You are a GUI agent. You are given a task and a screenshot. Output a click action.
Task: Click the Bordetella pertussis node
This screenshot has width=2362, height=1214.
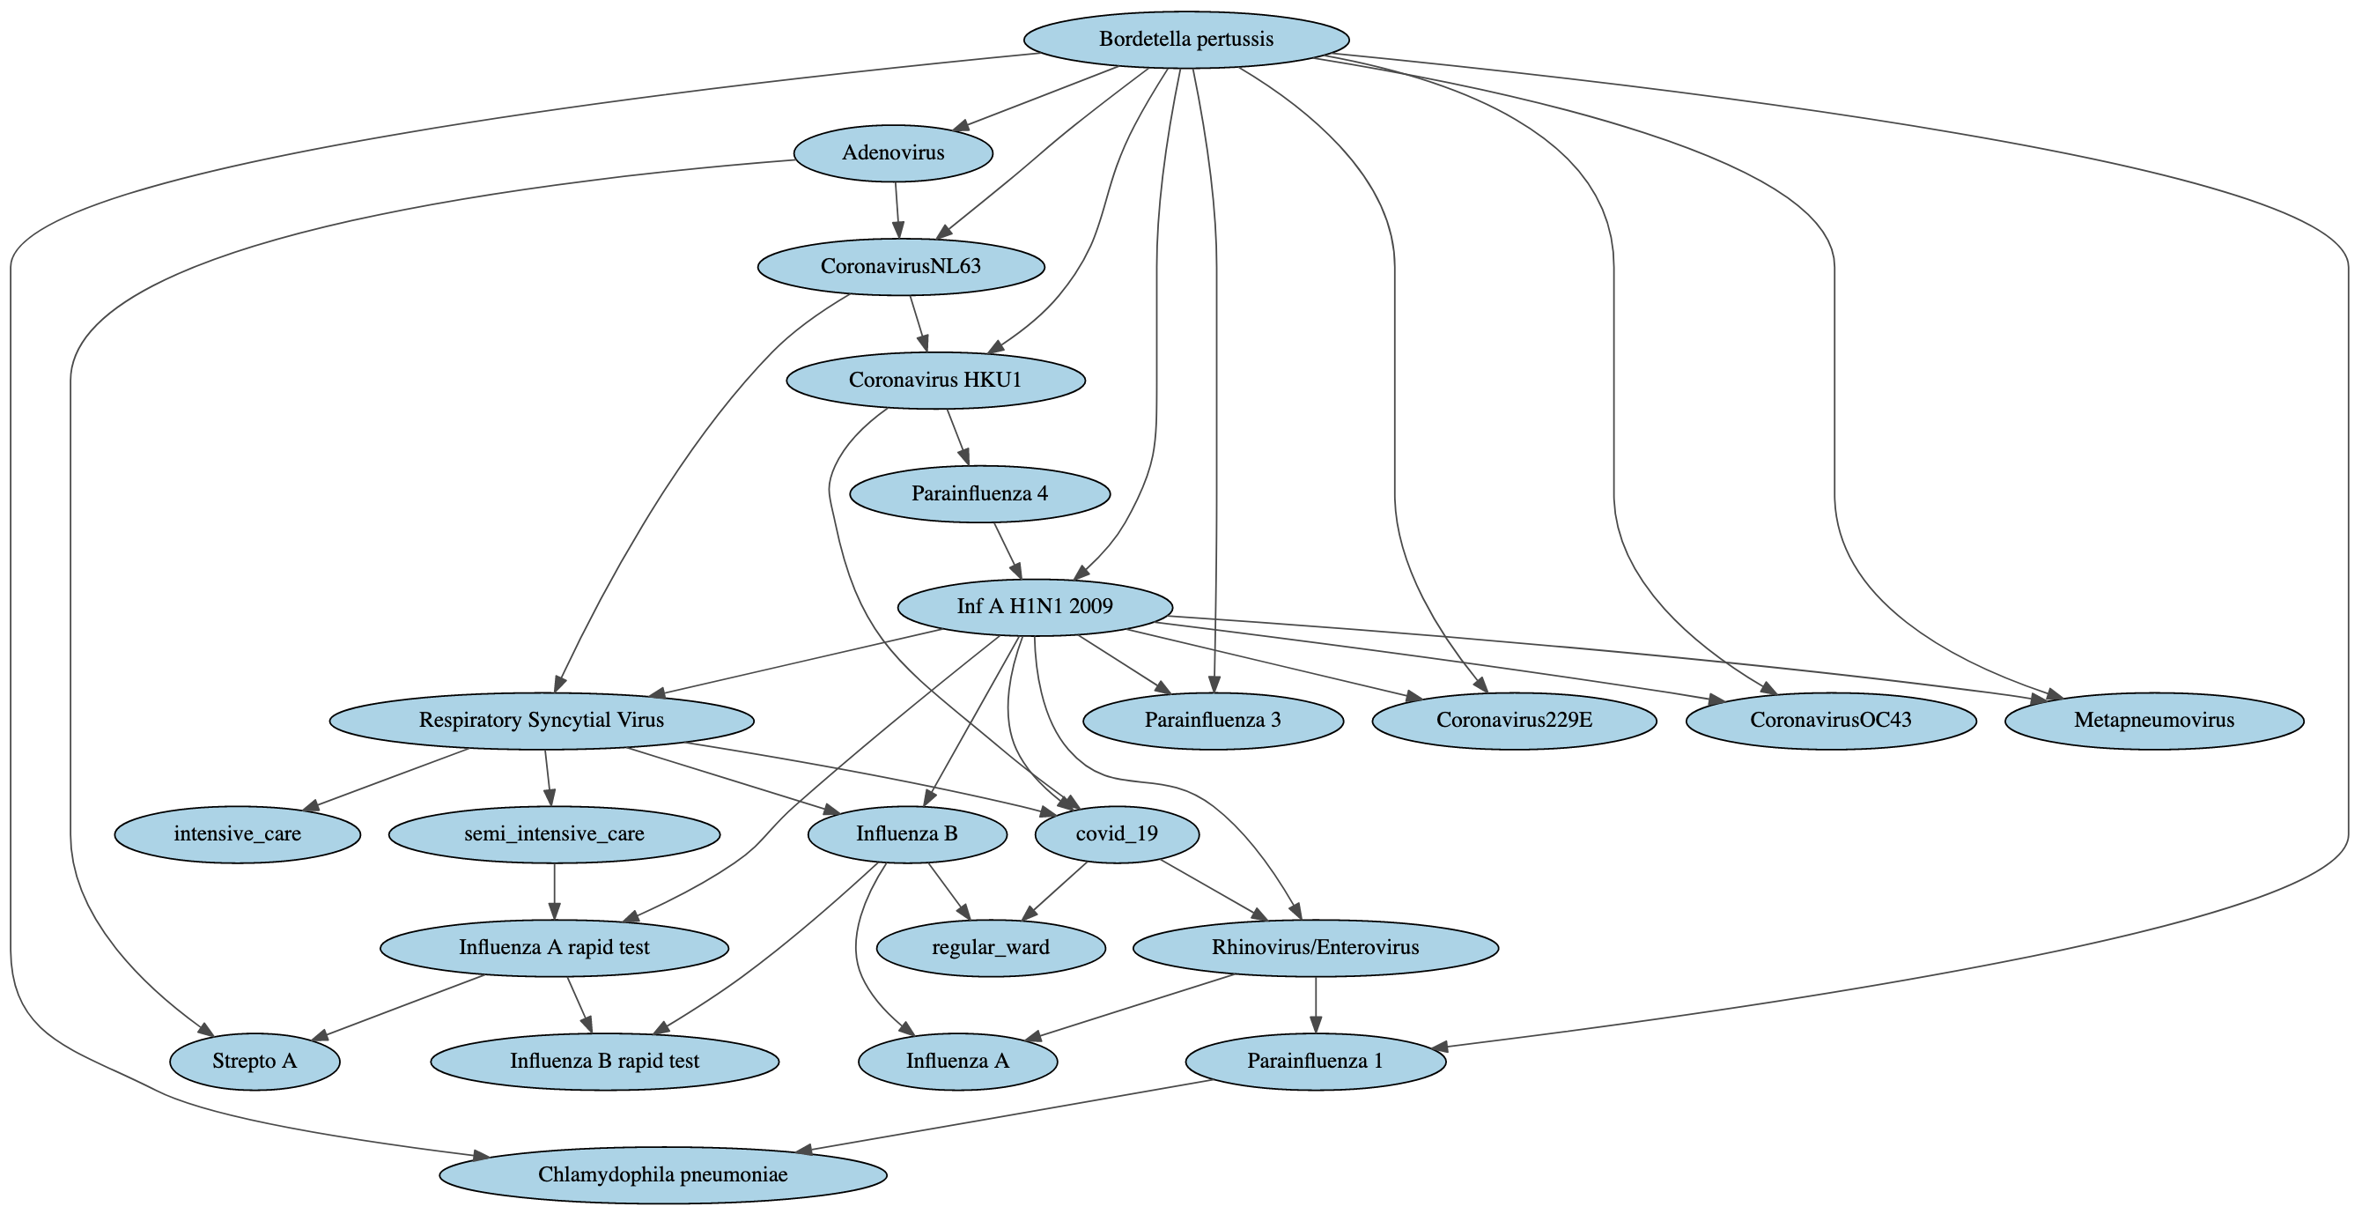1185,40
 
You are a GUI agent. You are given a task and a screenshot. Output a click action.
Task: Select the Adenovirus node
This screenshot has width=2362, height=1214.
892,153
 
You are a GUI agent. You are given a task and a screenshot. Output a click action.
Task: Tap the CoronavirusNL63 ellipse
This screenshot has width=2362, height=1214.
900,267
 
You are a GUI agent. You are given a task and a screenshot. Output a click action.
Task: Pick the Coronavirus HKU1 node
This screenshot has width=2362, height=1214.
935,381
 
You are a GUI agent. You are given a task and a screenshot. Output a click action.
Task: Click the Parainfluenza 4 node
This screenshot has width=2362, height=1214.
979,494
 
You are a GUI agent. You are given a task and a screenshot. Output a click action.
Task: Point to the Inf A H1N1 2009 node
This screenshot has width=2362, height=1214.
1034,607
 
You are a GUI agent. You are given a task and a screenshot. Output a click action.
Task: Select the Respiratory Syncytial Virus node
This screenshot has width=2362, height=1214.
541,721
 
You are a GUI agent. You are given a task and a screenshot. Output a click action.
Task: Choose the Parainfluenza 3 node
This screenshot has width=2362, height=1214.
1212,721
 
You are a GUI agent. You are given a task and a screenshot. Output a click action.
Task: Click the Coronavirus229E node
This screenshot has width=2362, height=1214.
1514,721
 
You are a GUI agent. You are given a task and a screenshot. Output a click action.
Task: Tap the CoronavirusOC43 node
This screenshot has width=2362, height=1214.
1830,721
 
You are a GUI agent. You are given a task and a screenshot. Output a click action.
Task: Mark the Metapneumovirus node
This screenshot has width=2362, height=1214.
2154,721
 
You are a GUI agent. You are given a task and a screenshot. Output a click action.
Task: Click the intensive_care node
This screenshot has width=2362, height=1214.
238,834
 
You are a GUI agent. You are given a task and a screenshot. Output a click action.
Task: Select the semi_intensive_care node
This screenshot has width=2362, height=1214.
554,834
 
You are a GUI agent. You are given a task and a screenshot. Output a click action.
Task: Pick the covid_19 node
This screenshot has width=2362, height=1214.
1116,834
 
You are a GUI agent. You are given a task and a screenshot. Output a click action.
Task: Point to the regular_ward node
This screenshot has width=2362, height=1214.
990,948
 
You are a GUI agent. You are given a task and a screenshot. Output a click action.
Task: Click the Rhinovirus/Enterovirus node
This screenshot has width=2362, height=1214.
1315,948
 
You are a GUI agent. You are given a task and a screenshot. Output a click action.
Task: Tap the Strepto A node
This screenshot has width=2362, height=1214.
254,1062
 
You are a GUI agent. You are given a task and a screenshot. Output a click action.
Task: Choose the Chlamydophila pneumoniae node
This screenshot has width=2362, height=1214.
662,1175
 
